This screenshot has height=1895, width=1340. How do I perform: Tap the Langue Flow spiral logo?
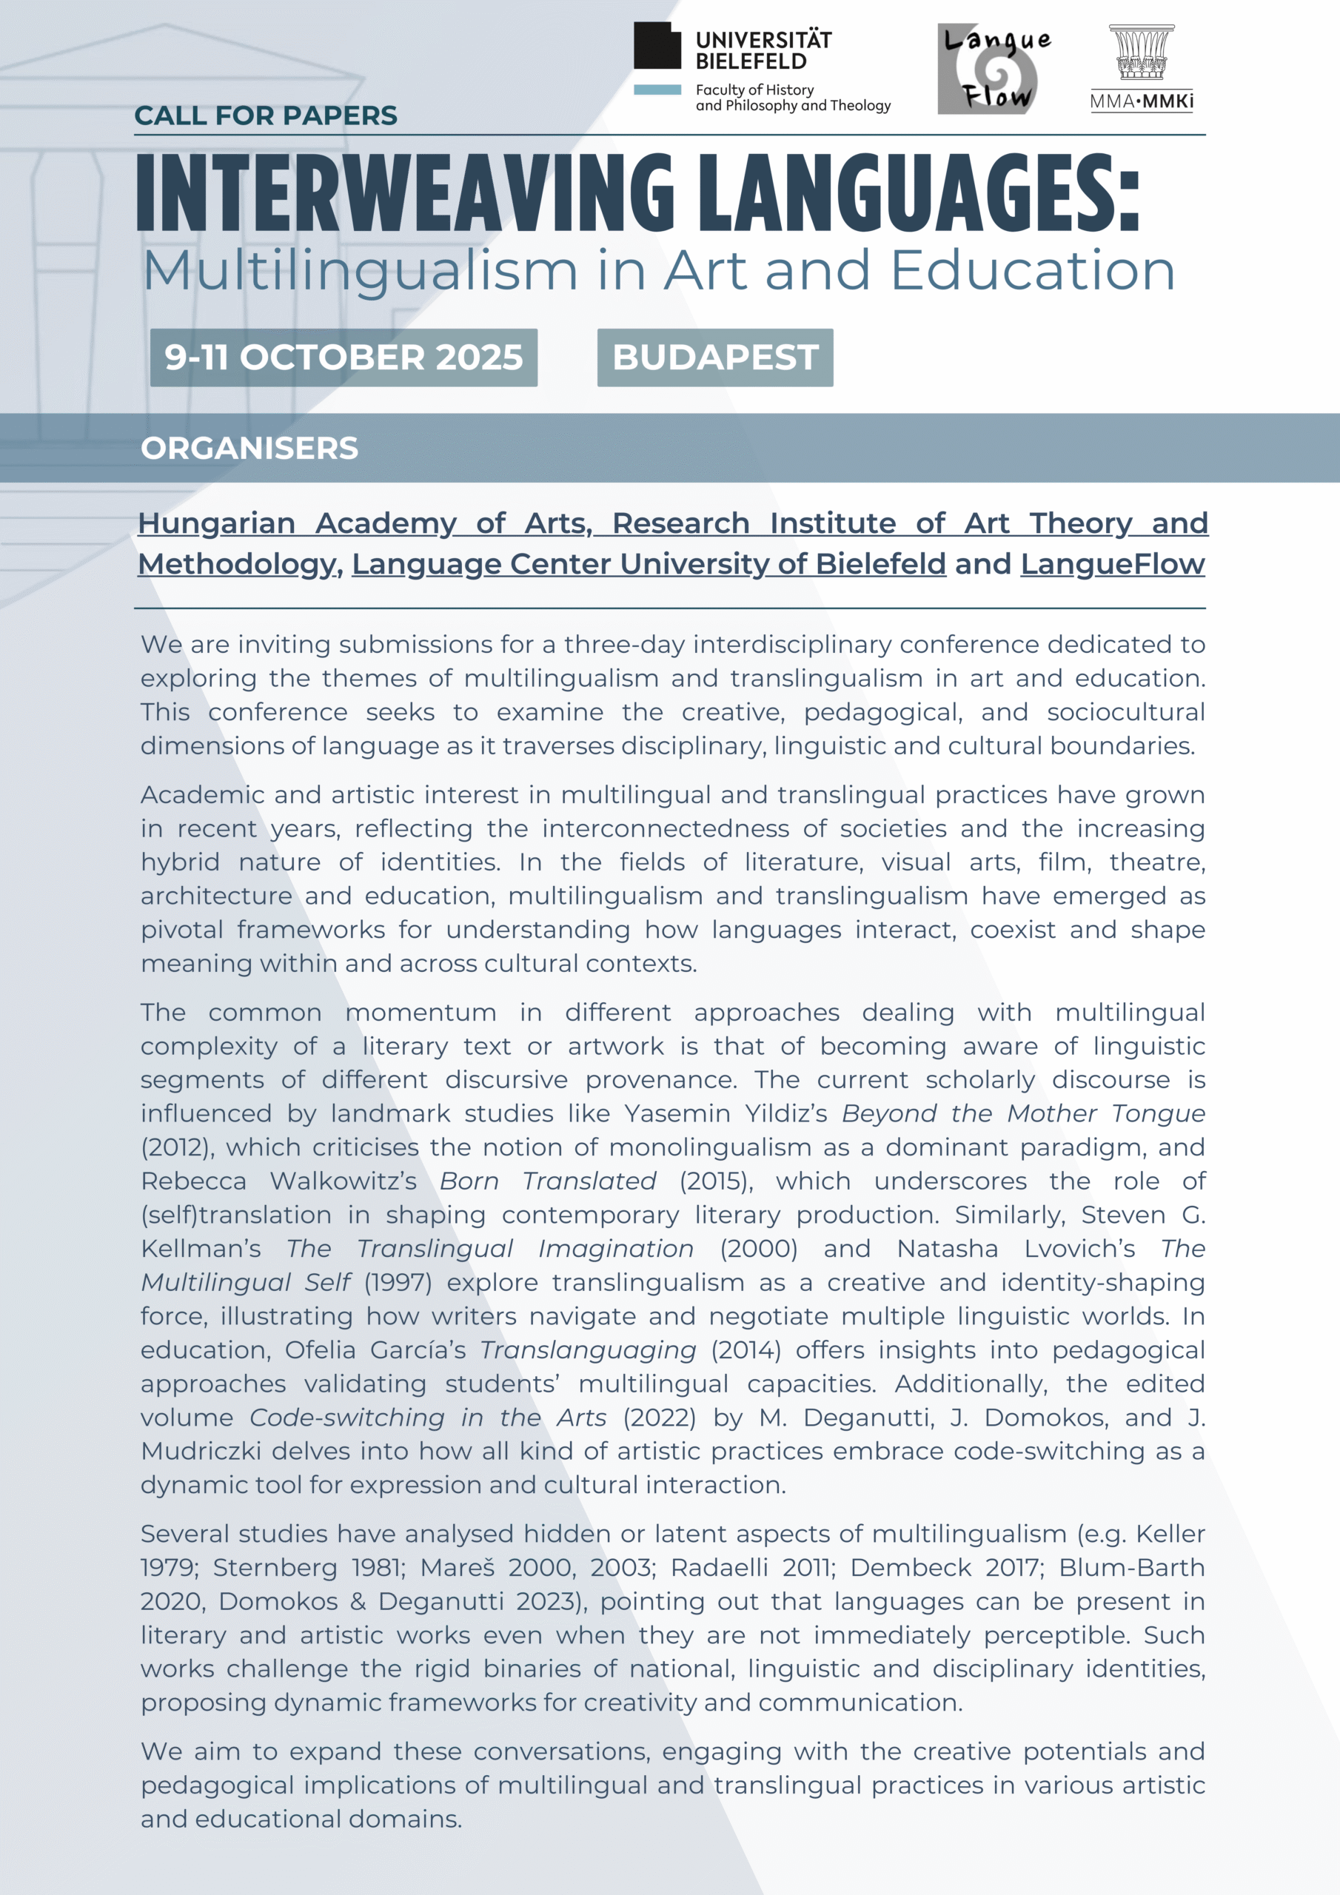[994, 70]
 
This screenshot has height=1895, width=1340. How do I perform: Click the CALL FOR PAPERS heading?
[265, 115]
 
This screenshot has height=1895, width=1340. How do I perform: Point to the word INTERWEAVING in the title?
[404, 193]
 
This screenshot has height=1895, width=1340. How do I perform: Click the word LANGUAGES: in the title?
[919, 193]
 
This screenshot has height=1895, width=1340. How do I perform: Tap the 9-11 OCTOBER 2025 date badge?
[344, 358]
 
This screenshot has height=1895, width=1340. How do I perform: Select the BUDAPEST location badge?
[715, 358]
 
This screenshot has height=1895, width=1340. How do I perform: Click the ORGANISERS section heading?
[249, 448]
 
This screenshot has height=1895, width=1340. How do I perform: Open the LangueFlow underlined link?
[1112, 565]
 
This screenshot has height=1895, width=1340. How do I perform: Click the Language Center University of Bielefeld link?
[648, 565]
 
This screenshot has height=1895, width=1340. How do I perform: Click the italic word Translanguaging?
[589, 1350]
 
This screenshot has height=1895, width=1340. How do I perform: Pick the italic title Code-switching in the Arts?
[428, 1418]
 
